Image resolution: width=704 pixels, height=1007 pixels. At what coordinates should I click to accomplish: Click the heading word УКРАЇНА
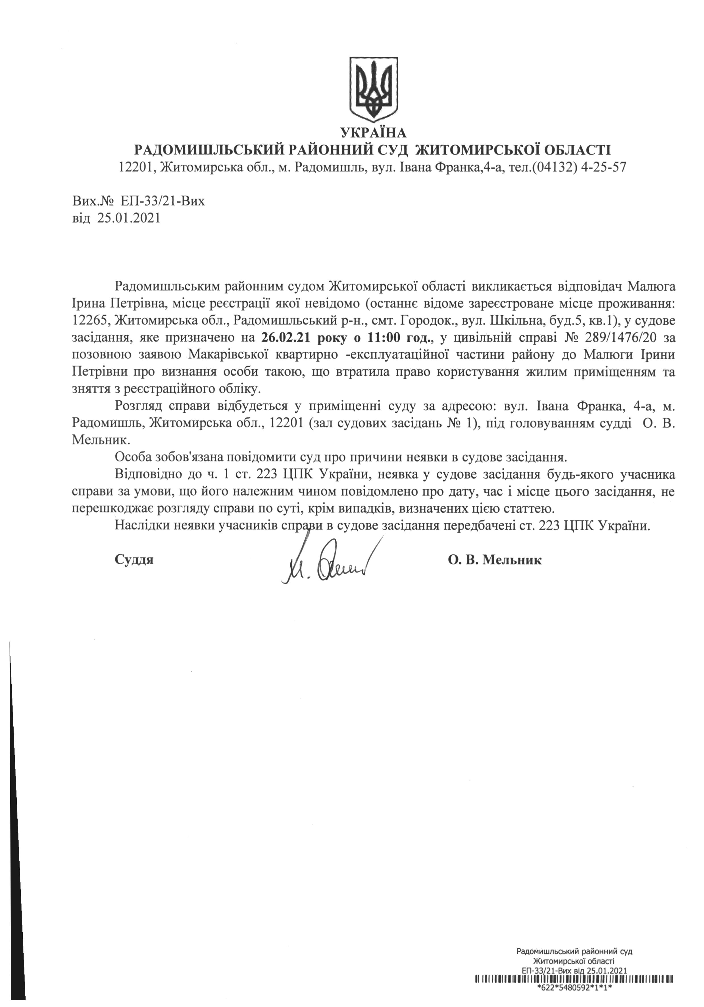coord(374,132)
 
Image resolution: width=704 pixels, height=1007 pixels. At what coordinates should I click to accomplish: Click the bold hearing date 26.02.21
coord(285,338)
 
